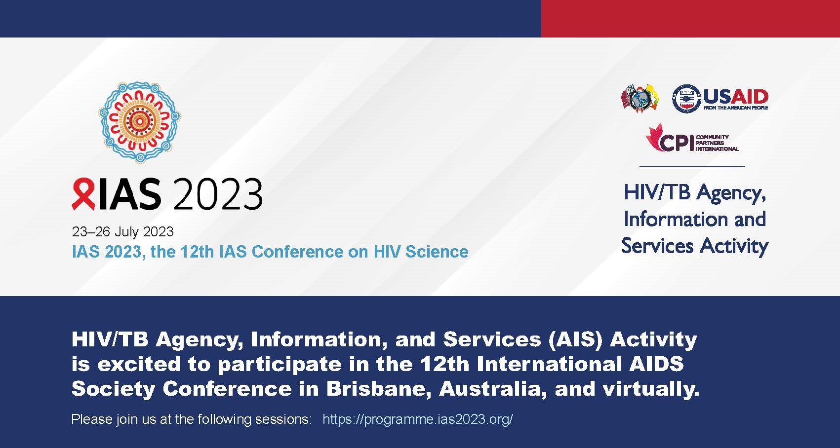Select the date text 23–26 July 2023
point(122,232)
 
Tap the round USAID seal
point(686,99)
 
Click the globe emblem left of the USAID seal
point(640,99)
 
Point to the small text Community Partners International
point(718,143)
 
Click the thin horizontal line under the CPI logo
point(692,166)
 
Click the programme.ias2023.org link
point(418,419)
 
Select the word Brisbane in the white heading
point(378,389)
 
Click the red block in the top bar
point(690,19)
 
